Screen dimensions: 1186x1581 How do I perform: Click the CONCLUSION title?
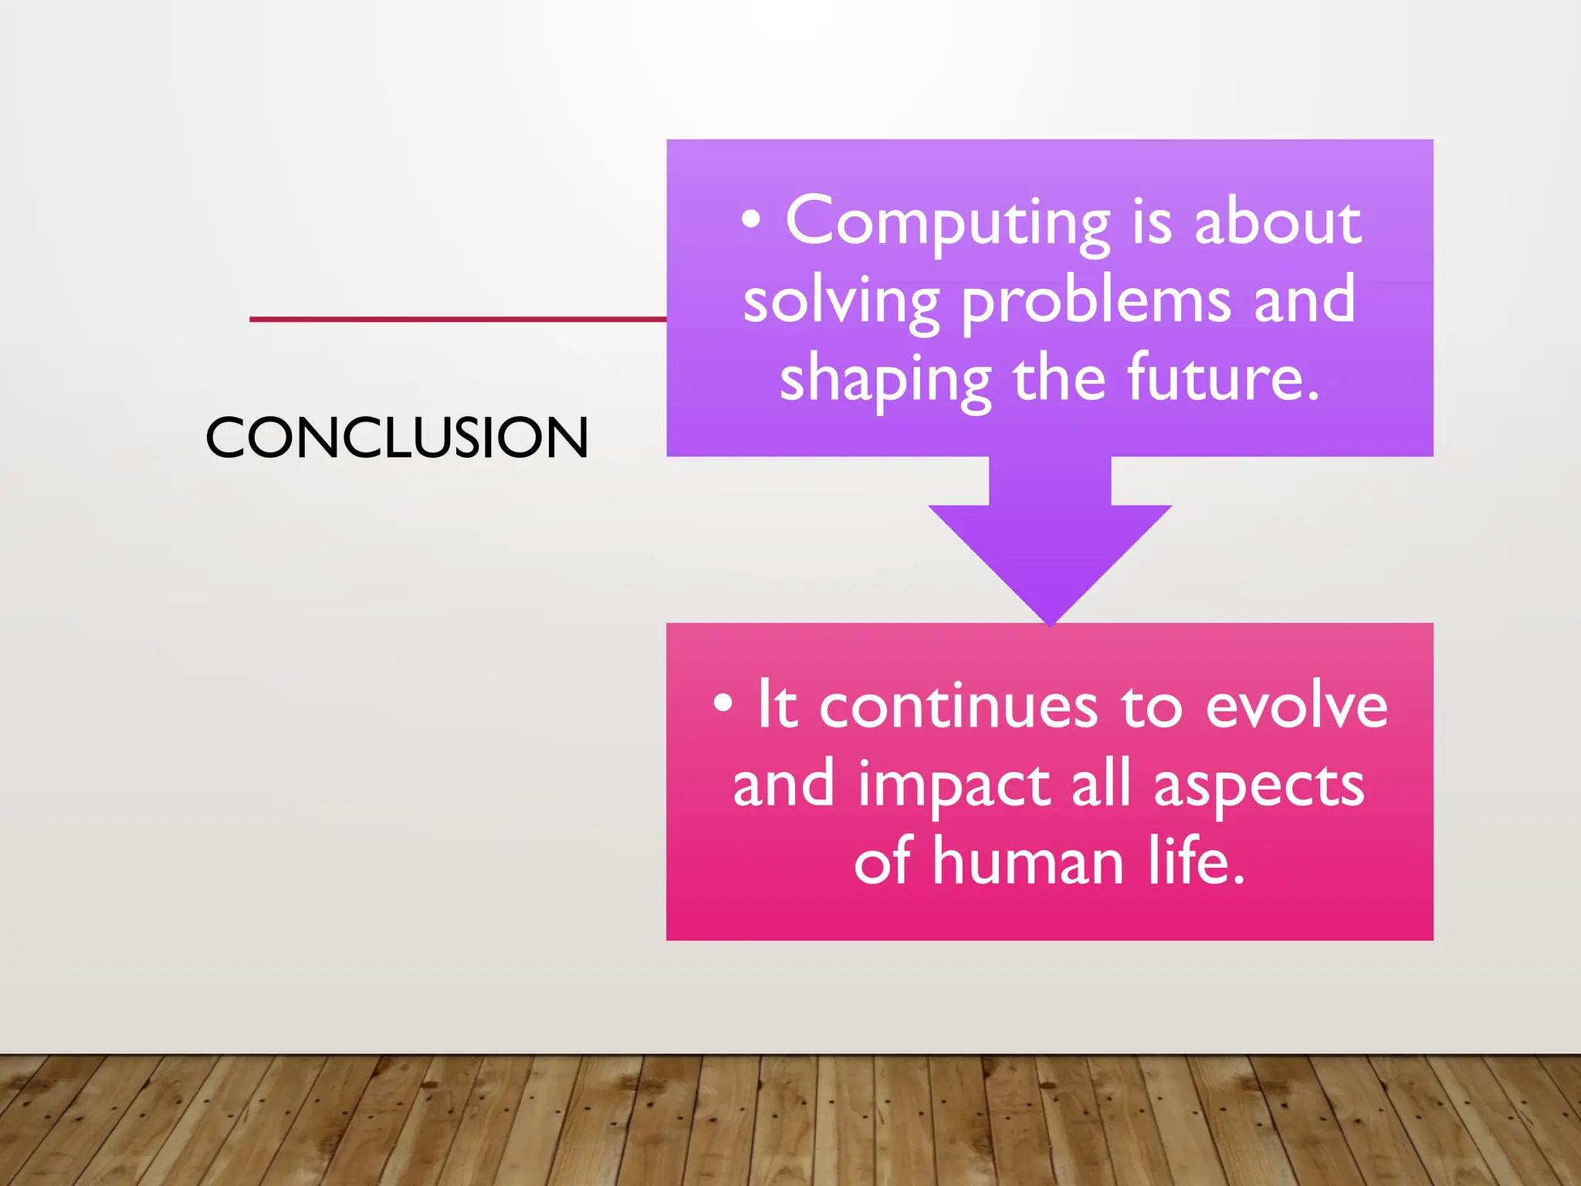pyautogui.click(x=397, y=438)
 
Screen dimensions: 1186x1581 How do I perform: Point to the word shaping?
pyautogui.click(x=885, y=381)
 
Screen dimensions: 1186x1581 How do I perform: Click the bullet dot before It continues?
pyautogui.click(x=723, y=704)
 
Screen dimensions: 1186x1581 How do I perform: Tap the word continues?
pyautogui.click(x=958, y=707)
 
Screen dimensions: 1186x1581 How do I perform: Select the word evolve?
pyautogui.click(x=1296, y=707)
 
